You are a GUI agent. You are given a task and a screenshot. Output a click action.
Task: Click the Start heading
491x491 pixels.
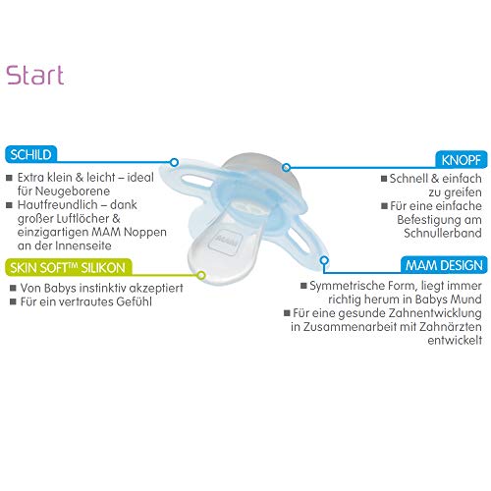click(x=35, y=75)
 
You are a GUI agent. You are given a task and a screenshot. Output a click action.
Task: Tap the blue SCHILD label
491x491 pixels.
click(x=30, y=154)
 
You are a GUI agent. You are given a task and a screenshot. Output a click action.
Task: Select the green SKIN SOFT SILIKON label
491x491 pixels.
click(x=68, y=268)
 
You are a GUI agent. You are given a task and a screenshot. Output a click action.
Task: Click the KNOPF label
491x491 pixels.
click(x=462, y=160)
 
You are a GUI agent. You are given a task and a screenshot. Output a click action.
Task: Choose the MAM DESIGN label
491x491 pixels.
click(x=444, y=265)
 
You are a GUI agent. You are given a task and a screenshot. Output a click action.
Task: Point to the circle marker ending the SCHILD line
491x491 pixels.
click(x=174, y=162)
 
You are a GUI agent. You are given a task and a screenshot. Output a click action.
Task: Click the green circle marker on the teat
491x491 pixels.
click(x=201, y=275)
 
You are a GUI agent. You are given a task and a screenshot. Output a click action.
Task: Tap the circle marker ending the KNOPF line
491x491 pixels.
click(x=286, y=168)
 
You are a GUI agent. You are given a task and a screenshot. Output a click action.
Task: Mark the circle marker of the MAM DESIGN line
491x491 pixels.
click(x=324, y=260)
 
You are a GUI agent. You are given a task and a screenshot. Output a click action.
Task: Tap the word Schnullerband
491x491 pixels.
click(x=443, y=233)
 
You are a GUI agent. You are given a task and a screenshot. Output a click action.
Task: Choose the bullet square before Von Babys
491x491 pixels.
click(x=13, y=288)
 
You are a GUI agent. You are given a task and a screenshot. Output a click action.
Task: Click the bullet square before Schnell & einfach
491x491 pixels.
click(x=384, y=179)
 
